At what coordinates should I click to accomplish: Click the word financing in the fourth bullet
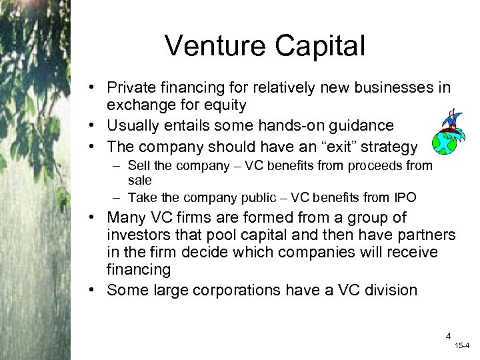click(140, 270)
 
